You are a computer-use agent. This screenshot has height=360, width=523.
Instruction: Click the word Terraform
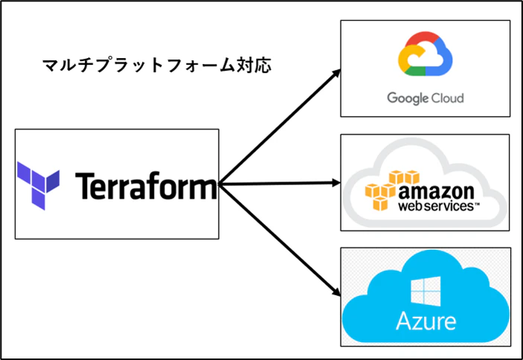146,185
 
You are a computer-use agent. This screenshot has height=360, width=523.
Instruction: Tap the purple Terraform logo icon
38,186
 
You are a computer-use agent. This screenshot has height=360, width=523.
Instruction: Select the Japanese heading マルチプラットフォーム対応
157,65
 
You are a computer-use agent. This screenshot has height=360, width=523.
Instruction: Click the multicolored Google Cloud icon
425,54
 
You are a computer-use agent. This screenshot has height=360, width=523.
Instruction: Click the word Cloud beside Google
448,98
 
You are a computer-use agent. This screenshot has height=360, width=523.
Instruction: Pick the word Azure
426,321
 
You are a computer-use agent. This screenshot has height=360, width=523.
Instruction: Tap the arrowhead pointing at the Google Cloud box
336,74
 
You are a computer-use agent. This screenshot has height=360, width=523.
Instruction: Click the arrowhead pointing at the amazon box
336,183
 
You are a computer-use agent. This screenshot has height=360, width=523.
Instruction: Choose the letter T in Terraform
84,186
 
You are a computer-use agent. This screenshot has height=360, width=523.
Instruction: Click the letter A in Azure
403,321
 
